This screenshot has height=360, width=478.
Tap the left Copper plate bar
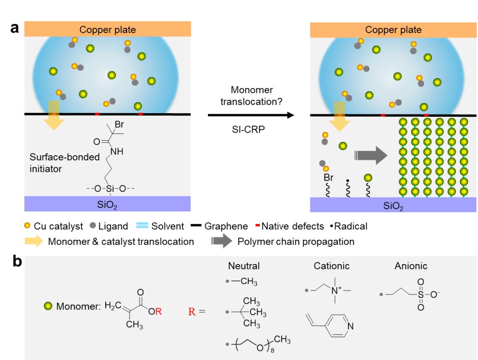[108, 30]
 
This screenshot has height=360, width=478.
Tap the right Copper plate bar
[393, 30]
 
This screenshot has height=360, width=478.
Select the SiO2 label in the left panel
[108, 204]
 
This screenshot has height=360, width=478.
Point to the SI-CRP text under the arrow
[240, 131]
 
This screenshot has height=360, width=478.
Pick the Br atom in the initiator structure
[119, 125]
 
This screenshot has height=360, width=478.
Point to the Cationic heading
[332, 266]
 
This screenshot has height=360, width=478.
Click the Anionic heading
[411, 266]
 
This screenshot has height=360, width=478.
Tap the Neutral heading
[244, 266]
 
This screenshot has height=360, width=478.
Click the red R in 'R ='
[192, 311]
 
